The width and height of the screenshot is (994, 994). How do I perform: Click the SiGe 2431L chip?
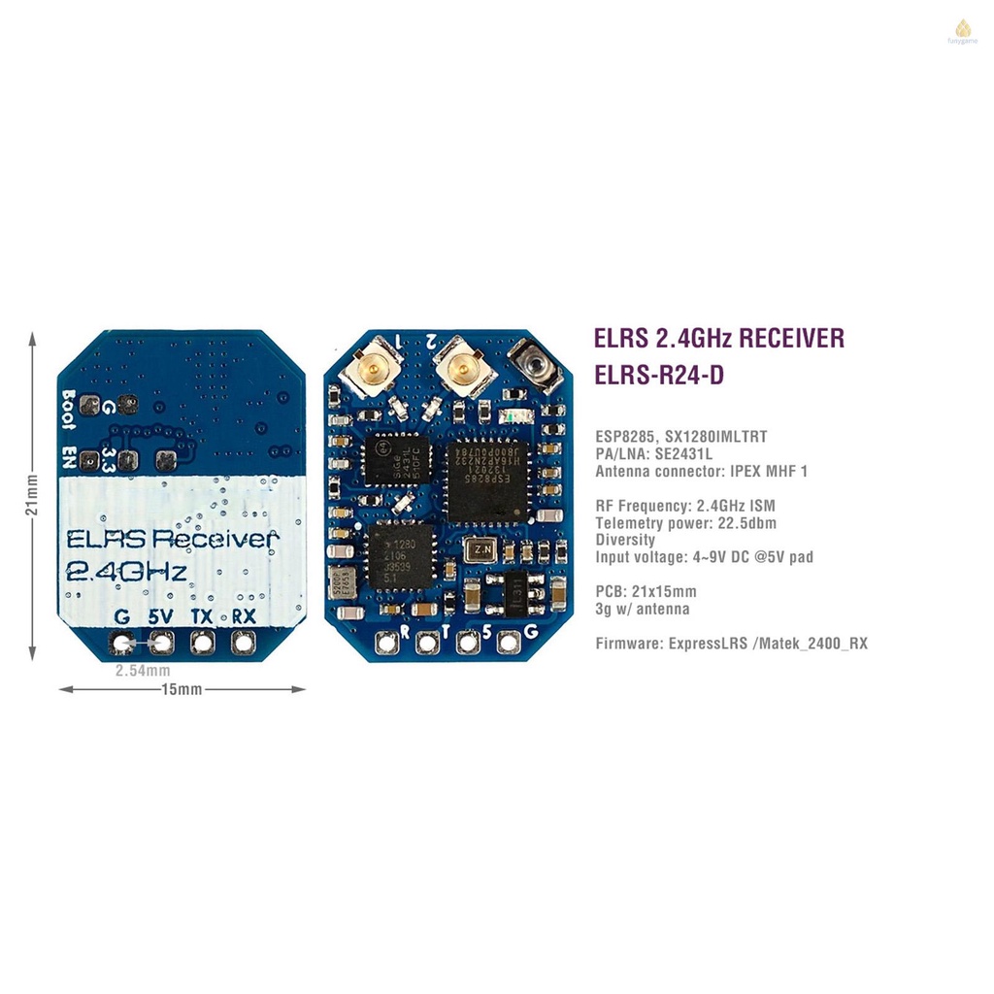coord(397,459)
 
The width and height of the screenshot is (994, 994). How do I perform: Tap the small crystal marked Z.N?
coord(480,550)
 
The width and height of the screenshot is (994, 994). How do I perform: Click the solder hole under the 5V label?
coord(161,642)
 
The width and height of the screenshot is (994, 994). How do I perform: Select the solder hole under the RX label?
coord(242,642)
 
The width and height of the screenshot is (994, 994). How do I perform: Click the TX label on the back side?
coord(202,616)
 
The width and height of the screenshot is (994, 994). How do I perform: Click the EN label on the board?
coord(69,457)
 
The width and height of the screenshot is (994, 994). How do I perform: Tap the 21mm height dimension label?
coord(33,495)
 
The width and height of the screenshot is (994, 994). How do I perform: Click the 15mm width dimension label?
coord(182,689)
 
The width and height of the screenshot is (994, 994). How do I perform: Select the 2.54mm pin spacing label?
coord(143,671)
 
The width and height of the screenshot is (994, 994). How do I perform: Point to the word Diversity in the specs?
coord(625,540)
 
